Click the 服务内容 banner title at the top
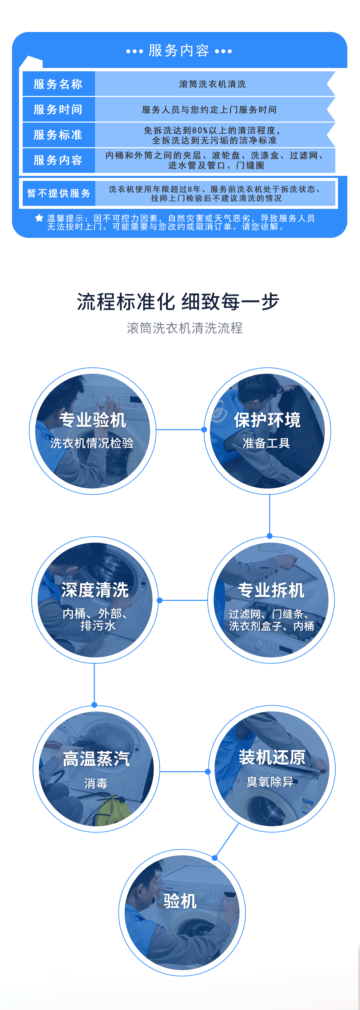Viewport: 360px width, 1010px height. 179,51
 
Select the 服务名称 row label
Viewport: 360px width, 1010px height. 58,84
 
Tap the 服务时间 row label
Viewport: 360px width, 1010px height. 58,109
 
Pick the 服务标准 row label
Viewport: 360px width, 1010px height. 58,135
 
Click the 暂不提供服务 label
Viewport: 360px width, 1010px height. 59,193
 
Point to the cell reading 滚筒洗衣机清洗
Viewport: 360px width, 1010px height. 213,84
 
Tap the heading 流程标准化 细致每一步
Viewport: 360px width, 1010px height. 178,302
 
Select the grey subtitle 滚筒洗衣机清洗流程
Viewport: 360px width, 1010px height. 185,328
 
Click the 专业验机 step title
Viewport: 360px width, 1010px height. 93,420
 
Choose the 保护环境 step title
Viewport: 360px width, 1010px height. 267,420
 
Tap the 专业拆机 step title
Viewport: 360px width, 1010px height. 271,590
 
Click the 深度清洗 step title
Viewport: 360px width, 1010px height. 95,590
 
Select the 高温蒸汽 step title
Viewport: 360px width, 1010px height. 96,759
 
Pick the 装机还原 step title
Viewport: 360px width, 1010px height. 272,757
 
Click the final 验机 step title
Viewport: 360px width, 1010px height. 180,901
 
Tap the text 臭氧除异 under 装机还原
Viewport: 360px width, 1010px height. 270,782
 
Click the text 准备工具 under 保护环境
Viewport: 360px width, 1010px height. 267,443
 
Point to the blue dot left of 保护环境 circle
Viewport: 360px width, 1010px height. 204,430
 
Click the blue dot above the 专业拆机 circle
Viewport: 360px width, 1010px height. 269,536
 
